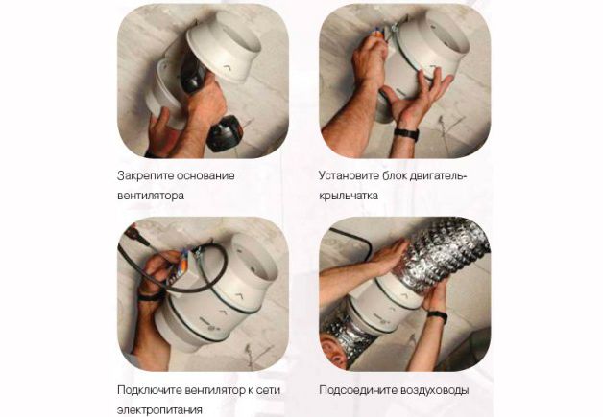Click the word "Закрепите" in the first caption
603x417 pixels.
(x=142, y=176)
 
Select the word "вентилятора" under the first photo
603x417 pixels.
(x=151, y=196)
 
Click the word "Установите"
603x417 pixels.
(x=350, y=176)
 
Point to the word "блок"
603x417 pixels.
(x=395, y=176)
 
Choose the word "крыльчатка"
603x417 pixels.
(x=349, y=196)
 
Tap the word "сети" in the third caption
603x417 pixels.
(x=268, y=390)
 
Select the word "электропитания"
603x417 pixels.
(x=159, y=409)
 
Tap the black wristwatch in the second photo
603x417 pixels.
(x=406, y=134)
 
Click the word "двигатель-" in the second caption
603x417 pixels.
(x=438, y=176)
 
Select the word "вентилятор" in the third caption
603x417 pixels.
(x=218, y=390)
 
